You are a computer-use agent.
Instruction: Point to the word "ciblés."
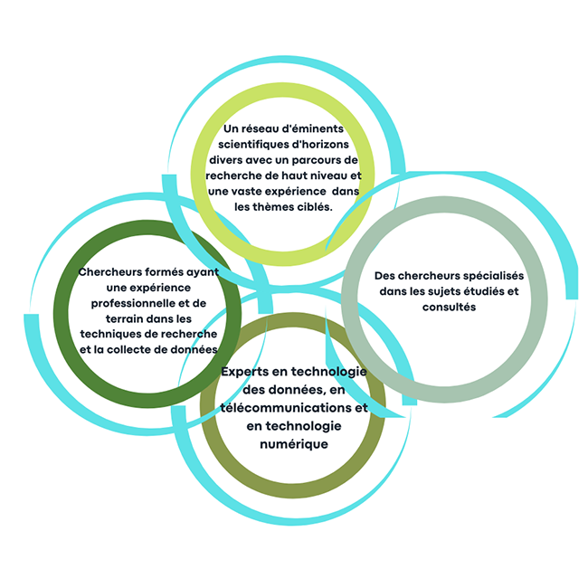click(x=316, y=207)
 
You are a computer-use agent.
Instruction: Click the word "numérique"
click(x=294, y=444)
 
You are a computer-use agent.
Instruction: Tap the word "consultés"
click(x=449, y=308)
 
